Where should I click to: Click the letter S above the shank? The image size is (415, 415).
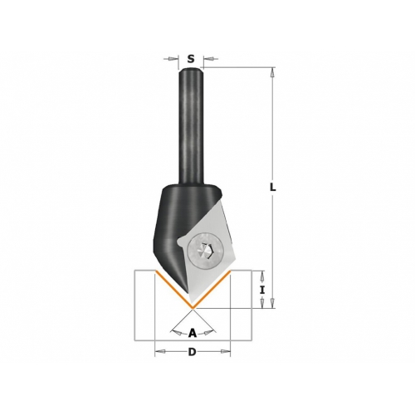coord(191,59)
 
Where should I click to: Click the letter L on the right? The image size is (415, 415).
coord(273,188)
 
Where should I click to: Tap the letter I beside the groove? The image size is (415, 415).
coord(262,290)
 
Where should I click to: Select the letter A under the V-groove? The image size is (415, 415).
coord(193,333)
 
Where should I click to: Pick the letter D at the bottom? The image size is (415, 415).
coord(192,352)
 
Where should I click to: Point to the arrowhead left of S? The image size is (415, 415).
coord(173,59)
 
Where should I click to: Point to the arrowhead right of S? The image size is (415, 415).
coord(208,59)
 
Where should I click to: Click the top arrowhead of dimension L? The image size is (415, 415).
coord(272,72)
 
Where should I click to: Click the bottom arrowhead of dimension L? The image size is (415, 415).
coord(272,303)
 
